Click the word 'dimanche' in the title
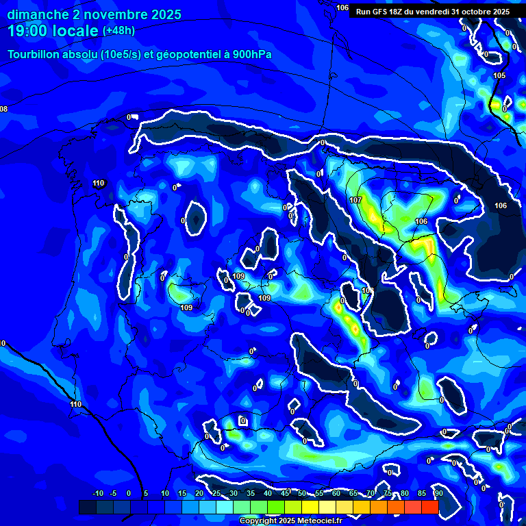point(36,14)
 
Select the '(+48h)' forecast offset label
point(118,31)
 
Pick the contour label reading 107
point(355,200)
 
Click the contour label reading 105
point(499,75)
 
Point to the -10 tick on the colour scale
point(97,494)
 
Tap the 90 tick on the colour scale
point(438,494)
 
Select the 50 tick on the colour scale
point(302,494)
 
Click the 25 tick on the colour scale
point(216,494)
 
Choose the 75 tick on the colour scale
point(388,494)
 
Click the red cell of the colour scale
point(429,507)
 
